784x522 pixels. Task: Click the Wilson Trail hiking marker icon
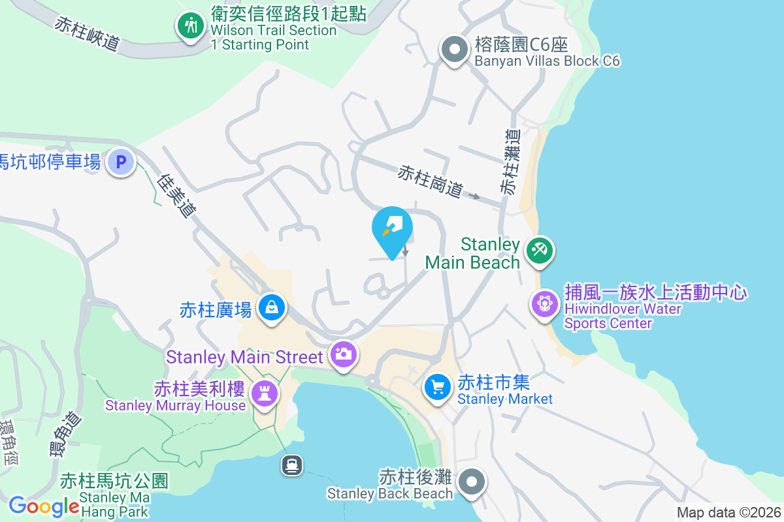pos(191,26)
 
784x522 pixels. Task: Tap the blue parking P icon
pos(121,162)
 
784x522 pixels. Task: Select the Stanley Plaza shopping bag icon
pos(271,307)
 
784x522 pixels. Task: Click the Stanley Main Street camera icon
pos(343,354)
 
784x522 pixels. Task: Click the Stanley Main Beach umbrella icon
pos(539,250)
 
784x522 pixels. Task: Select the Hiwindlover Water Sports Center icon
pos(544,303)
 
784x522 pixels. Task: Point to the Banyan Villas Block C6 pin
pos(453,50)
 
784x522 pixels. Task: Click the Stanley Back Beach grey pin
pos(471,482)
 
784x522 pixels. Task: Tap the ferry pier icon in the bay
pos(291,465)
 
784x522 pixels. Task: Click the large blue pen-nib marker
pos(392,230)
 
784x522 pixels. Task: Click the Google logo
pos(44,506)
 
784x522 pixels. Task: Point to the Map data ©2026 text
pos(728,512)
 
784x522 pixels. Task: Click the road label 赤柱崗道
pos(431,182)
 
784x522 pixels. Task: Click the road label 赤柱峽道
pos(88,33)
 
